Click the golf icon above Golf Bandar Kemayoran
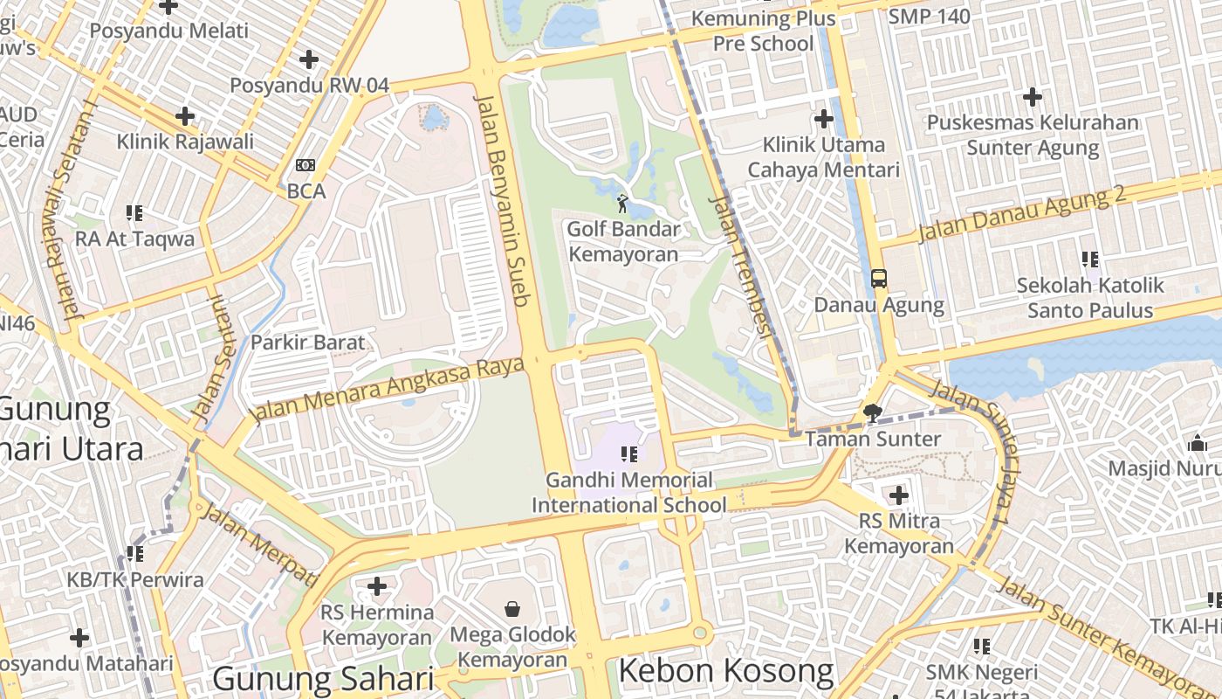(x=622, y=204)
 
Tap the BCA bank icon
(x=305, y=165)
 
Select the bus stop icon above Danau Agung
(x=879, y=279)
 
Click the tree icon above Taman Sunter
(x=872, y=412)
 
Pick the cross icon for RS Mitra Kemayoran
(x=898, y=495)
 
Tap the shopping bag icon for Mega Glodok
(x=512, y=608)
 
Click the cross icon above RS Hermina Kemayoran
(x=377, y=585)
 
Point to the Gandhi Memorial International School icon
(x=628, y=453)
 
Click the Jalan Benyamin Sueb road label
(x=503, y=200)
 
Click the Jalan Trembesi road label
(x=742, y=266)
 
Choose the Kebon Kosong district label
(x=726, y=671)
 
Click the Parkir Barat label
(x=307, y=342)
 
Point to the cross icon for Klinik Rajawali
(x=185, y=115)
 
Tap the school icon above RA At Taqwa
(x=134, y=212)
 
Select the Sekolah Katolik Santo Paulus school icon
(x=1090, y=259)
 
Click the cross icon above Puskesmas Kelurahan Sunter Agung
(x=1033, y=96)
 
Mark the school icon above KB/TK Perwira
(x=134, y=553)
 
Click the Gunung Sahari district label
(x=323, y=679)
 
